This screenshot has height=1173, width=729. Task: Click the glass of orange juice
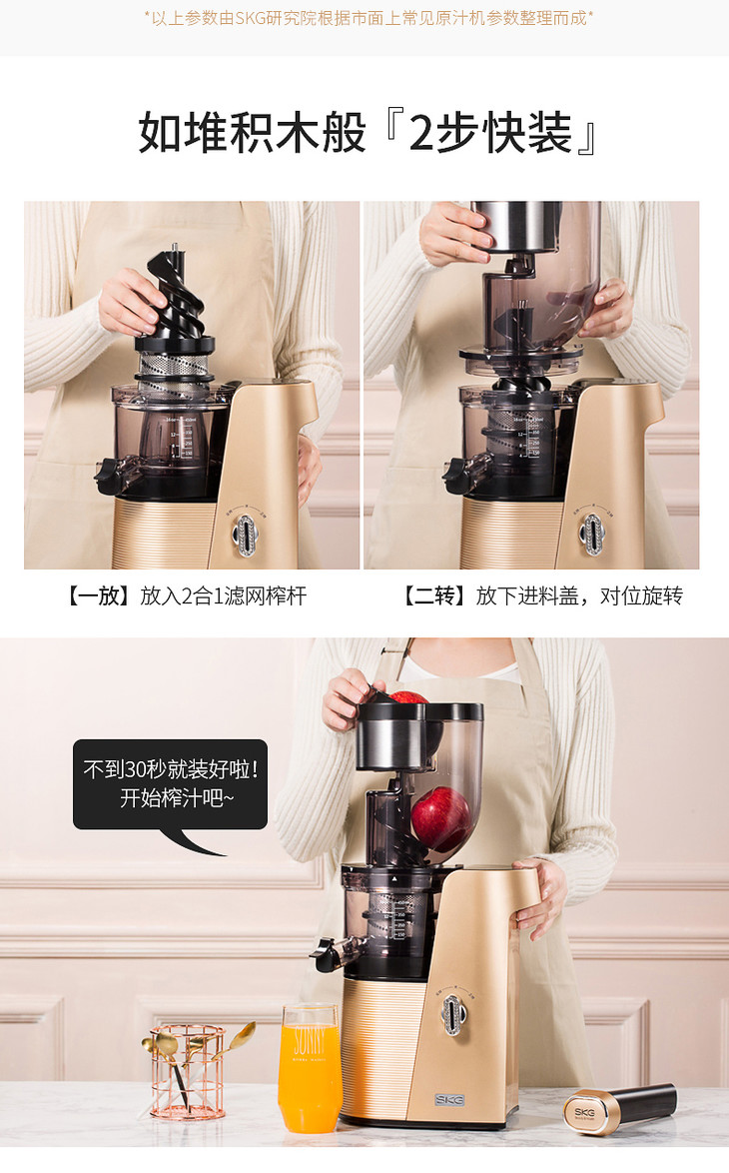pyautogui.click(x=310, y=1067)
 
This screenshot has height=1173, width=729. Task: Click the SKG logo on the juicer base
pyautogui.click(x=449, y=1100)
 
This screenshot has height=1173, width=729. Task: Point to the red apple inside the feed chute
pyautogui.click(x=441, y=818)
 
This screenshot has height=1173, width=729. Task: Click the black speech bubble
pyautogui.click(x=170, y=785)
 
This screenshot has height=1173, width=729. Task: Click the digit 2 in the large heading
pyautogui.click(x=421, y=133)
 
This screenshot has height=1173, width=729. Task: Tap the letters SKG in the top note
pyautogui.click(x=250, y=18)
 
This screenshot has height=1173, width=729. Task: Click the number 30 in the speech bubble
pyautogui.click(x=136, y=769)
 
